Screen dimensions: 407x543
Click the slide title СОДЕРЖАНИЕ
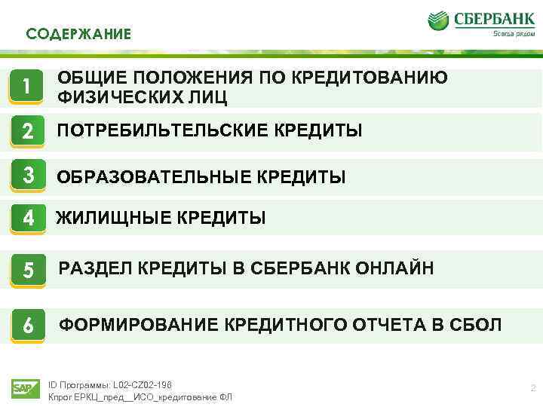[78, 34]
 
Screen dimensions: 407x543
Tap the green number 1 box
[27, 87]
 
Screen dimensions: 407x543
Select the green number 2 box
[27, 132]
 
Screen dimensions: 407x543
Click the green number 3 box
[27, 176]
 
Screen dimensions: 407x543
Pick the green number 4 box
[27, 218]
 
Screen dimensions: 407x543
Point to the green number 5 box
[27, 269]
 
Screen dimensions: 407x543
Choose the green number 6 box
[27, 325]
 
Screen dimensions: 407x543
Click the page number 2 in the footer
[532, 388]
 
